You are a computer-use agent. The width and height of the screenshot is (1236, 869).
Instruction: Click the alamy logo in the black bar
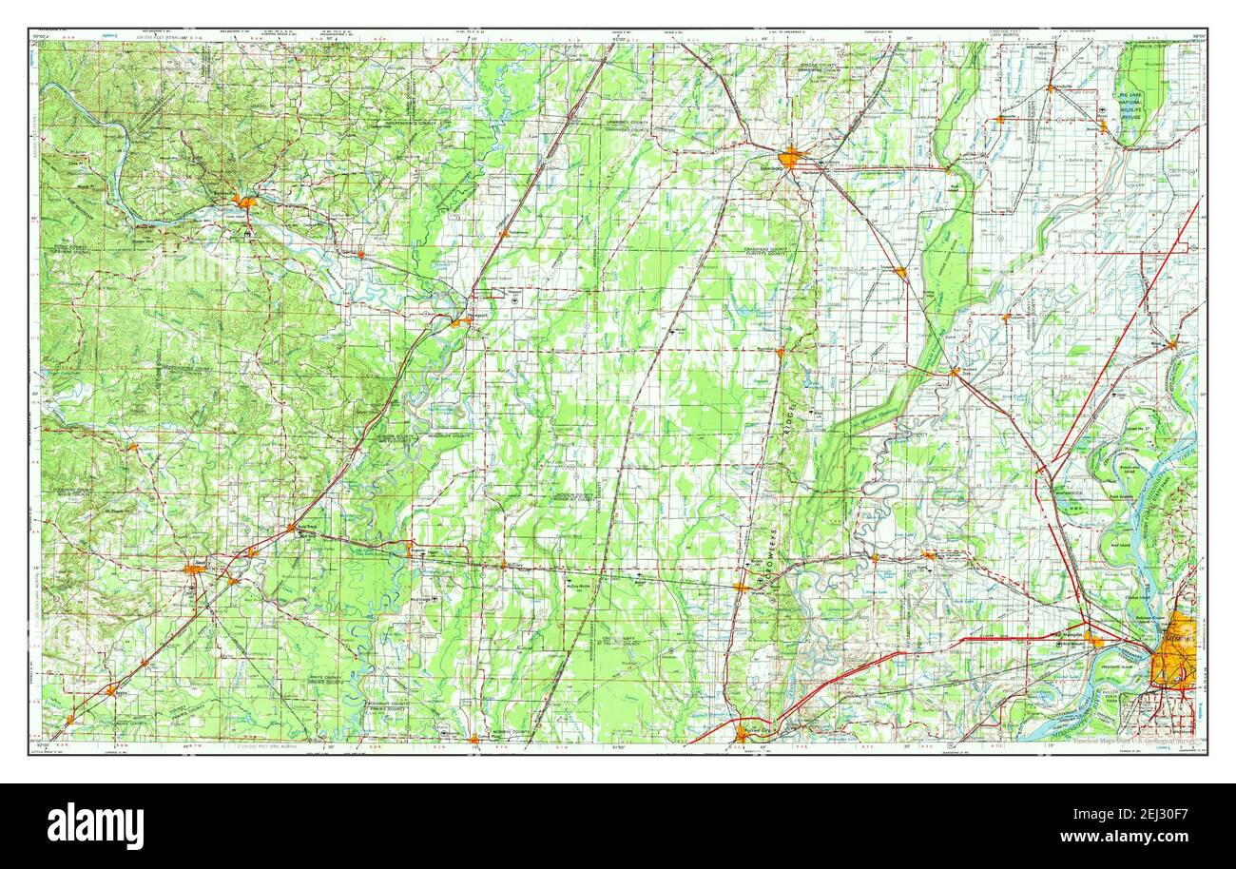95,825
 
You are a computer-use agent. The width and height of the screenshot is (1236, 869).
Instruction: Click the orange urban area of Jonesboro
790,157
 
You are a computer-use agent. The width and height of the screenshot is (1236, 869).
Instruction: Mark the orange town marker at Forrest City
743,732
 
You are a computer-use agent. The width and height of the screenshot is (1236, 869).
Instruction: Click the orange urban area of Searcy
194,569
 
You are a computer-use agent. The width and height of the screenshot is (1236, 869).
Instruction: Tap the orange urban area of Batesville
246,202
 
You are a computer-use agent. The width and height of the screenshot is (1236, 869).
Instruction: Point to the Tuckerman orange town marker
504,231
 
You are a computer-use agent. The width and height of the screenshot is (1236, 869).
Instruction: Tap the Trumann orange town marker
898,272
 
